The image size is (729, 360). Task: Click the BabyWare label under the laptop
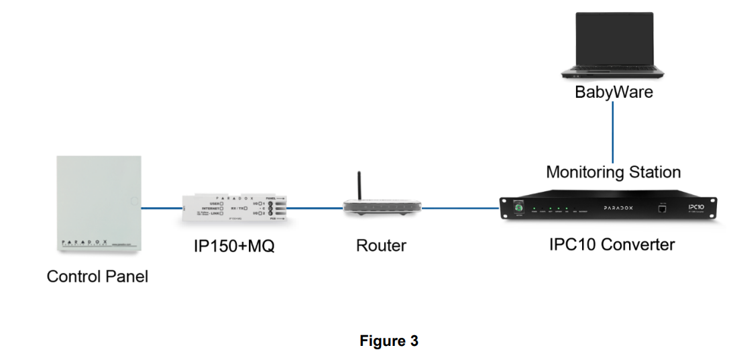pyautogui.click(x=613, y=92)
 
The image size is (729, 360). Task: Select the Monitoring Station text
pyautogui.click(x=613, y=172)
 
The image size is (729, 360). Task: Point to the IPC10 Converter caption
pyautogui.click(x=612, y=245)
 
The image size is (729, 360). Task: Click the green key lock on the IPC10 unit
pyautogui.click(x=518, y=208)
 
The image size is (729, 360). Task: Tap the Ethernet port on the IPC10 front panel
pyautogui.click(x=663, y=209)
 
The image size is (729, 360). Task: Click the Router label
pyautogui.click(x=381, y=246)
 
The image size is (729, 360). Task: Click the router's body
pyautogui.click(x=381, y=208)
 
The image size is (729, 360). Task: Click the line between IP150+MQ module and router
pyautogui.click(x=316, y=208)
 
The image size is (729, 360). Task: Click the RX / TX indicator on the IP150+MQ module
pyautogui.click(x=237, y=208)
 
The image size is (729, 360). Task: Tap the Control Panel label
pyautogui.click(x=97, y=276)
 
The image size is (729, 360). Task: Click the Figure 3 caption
pyautogui.click(x=389, y=341)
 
